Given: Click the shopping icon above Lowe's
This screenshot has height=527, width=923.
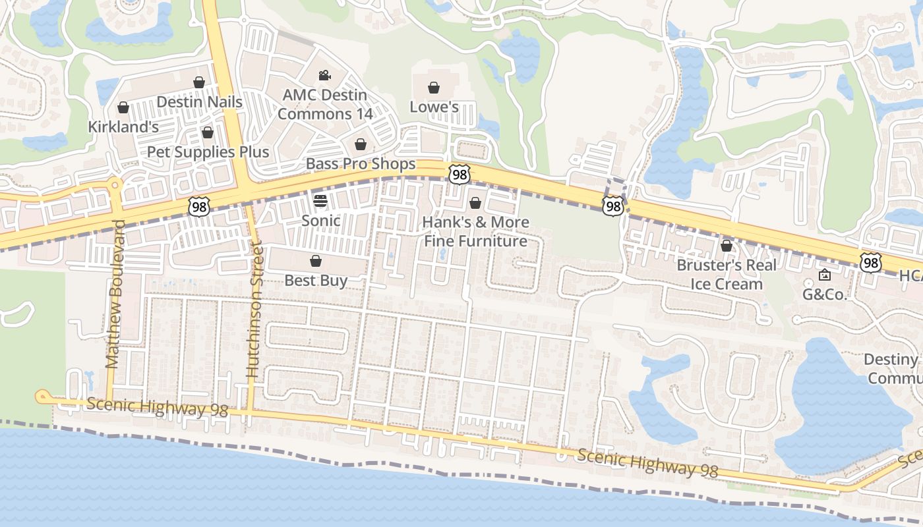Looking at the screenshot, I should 434,88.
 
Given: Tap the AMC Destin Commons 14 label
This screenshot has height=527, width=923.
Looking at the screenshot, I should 325,104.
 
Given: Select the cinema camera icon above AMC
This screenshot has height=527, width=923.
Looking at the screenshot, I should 324,76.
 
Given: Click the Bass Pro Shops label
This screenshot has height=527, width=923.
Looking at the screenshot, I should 361,163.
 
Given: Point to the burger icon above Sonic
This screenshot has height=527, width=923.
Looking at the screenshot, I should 320,201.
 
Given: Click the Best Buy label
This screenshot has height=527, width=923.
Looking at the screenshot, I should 316,280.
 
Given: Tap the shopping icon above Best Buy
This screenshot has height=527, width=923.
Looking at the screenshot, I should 316,262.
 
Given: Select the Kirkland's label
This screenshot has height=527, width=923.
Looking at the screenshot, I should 123,126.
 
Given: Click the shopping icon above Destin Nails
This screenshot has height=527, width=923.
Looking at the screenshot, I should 199,82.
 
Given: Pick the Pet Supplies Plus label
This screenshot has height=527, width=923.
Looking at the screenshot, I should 208,152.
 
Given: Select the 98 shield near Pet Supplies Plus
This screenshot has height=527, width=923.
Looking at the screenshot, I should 198,206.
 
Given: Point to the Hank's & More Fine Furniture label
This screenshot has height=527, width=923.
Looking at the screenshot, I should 475,231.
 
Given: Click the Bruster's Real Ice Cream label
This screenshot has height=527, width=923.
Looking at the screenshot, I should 727,275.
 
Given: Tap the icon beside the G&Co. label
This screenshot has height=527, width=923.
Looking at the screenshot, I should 824,275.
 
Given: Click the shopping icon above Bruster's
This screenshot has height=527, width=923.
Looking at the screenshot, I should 727,246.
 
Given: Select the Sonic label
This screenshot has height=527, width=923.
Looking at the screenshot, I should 320,221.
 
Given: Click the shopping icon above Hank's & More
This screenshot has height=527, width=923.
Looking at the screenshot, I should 475,203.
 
